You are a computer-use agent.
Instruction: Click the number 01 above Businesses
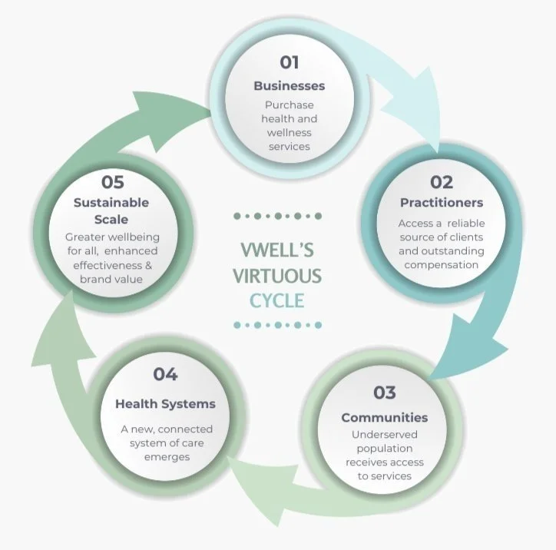290,62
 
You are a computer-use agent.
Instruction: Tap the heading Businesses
290,86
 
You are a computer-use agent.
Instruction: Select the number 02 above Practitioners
441,182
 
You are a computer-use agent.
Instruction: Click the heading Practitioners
442,203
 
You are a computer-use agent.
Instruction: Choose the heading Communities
384,418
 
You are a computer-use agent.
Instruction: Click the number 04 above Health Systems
165,374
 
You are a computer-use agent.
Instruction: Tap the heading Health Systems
165,404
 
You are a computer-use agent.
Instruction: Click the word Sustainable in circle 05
111,203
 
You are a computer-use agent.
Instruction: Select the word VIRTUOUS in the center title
278,276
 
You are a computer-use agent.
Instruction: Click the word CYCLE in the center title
278,299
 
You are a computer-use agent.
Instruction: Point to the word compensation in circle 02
442,265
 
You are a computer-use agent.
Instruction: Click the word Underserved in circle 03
384,435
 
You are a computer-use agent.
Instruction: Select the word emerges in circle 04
166,457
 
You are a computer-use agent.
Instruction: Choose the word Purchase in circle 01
290,104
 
